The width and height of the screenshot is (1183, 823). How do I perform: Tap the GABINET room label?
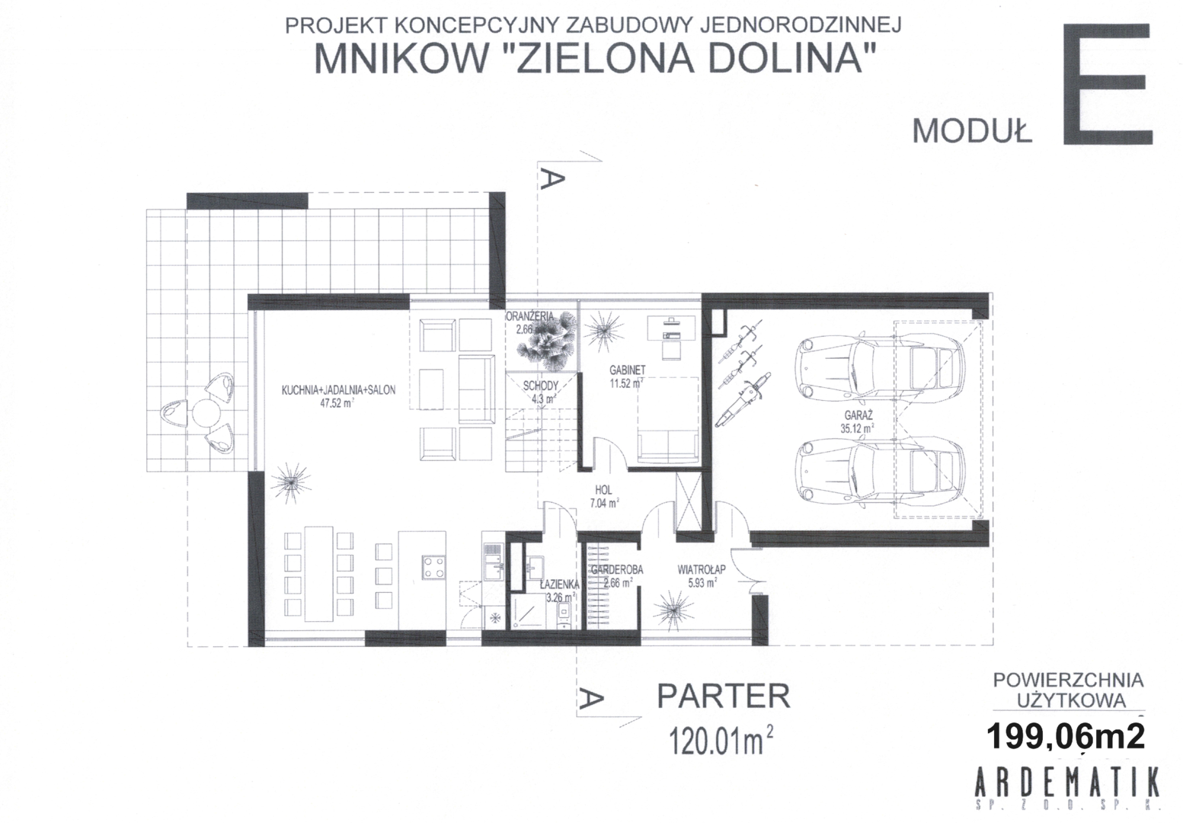628,370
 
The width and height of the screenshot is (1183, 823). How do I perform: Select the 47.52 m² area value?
337,403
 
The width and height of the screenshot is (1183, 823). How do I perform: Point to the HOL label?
603,490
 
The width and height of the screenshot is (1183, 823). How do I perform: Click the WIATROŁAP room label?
702,569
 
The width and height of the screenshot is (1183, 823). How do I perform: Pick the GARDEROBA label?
617,570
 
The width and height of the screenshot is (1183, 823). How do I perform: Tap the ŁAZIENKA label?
559,584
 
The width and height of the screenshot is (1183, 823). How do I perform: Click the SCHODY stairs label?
541,386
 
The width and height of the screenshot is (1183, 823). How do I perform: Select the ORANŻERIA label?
530,316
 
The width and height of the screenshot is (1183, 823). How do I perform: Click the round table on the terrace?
206,414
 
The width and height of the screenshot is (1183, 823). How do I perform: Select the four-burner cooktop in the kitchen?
433,568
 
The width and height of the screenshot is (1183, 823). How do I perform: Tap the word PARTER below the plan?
724,696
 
